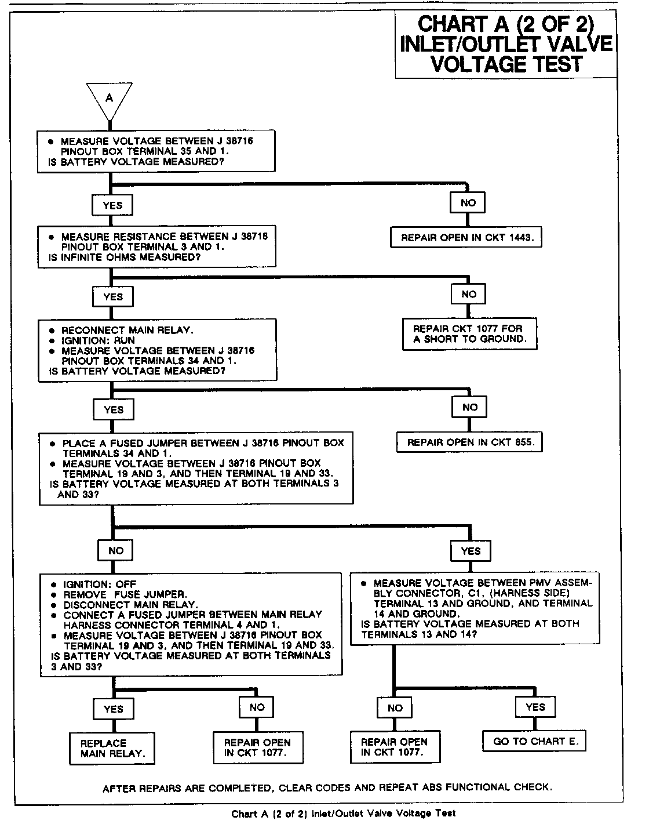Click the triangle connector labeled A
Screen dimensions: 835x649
click(x=109, y=99)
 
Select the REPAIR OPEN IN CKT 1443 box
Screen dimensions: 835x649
click(x=466, y=238)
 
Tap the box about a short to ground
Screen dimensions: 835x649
click(x=470, y=333)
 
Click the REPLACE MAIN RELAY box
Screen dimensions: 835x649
click(x=112, y=749)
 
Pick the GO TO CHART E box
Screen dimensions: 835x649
click(x=535, y=741)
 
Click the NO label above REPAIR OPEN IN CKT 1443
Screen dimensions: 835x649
click(x=468, y=202)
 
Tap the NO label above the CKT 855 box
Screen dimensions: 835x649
click(x=469, y=408)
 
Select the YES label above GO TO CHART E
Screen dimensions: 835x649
click(x=535, y=707)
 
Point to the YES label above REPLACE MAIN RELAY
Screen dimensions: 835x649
click(x=113, y=709)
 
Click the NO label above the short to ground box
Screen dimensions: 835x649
click(x=469, y=295)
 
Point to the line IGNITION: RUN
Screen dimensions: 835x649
click(x=99, y=340)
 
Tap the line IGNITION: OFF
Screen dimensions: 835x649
click(x=100, y=584)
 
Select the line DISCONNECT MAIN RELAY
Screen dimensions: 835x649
click(x=130, y=604)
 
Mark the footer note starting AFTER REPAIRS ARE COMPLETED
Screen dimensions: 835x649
click(x=327, y=787)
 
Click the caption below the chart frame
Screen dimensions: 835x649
click(x=344, y=814)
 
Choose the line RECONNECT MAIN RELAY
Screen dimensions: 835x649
click(x=127, y=330)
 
